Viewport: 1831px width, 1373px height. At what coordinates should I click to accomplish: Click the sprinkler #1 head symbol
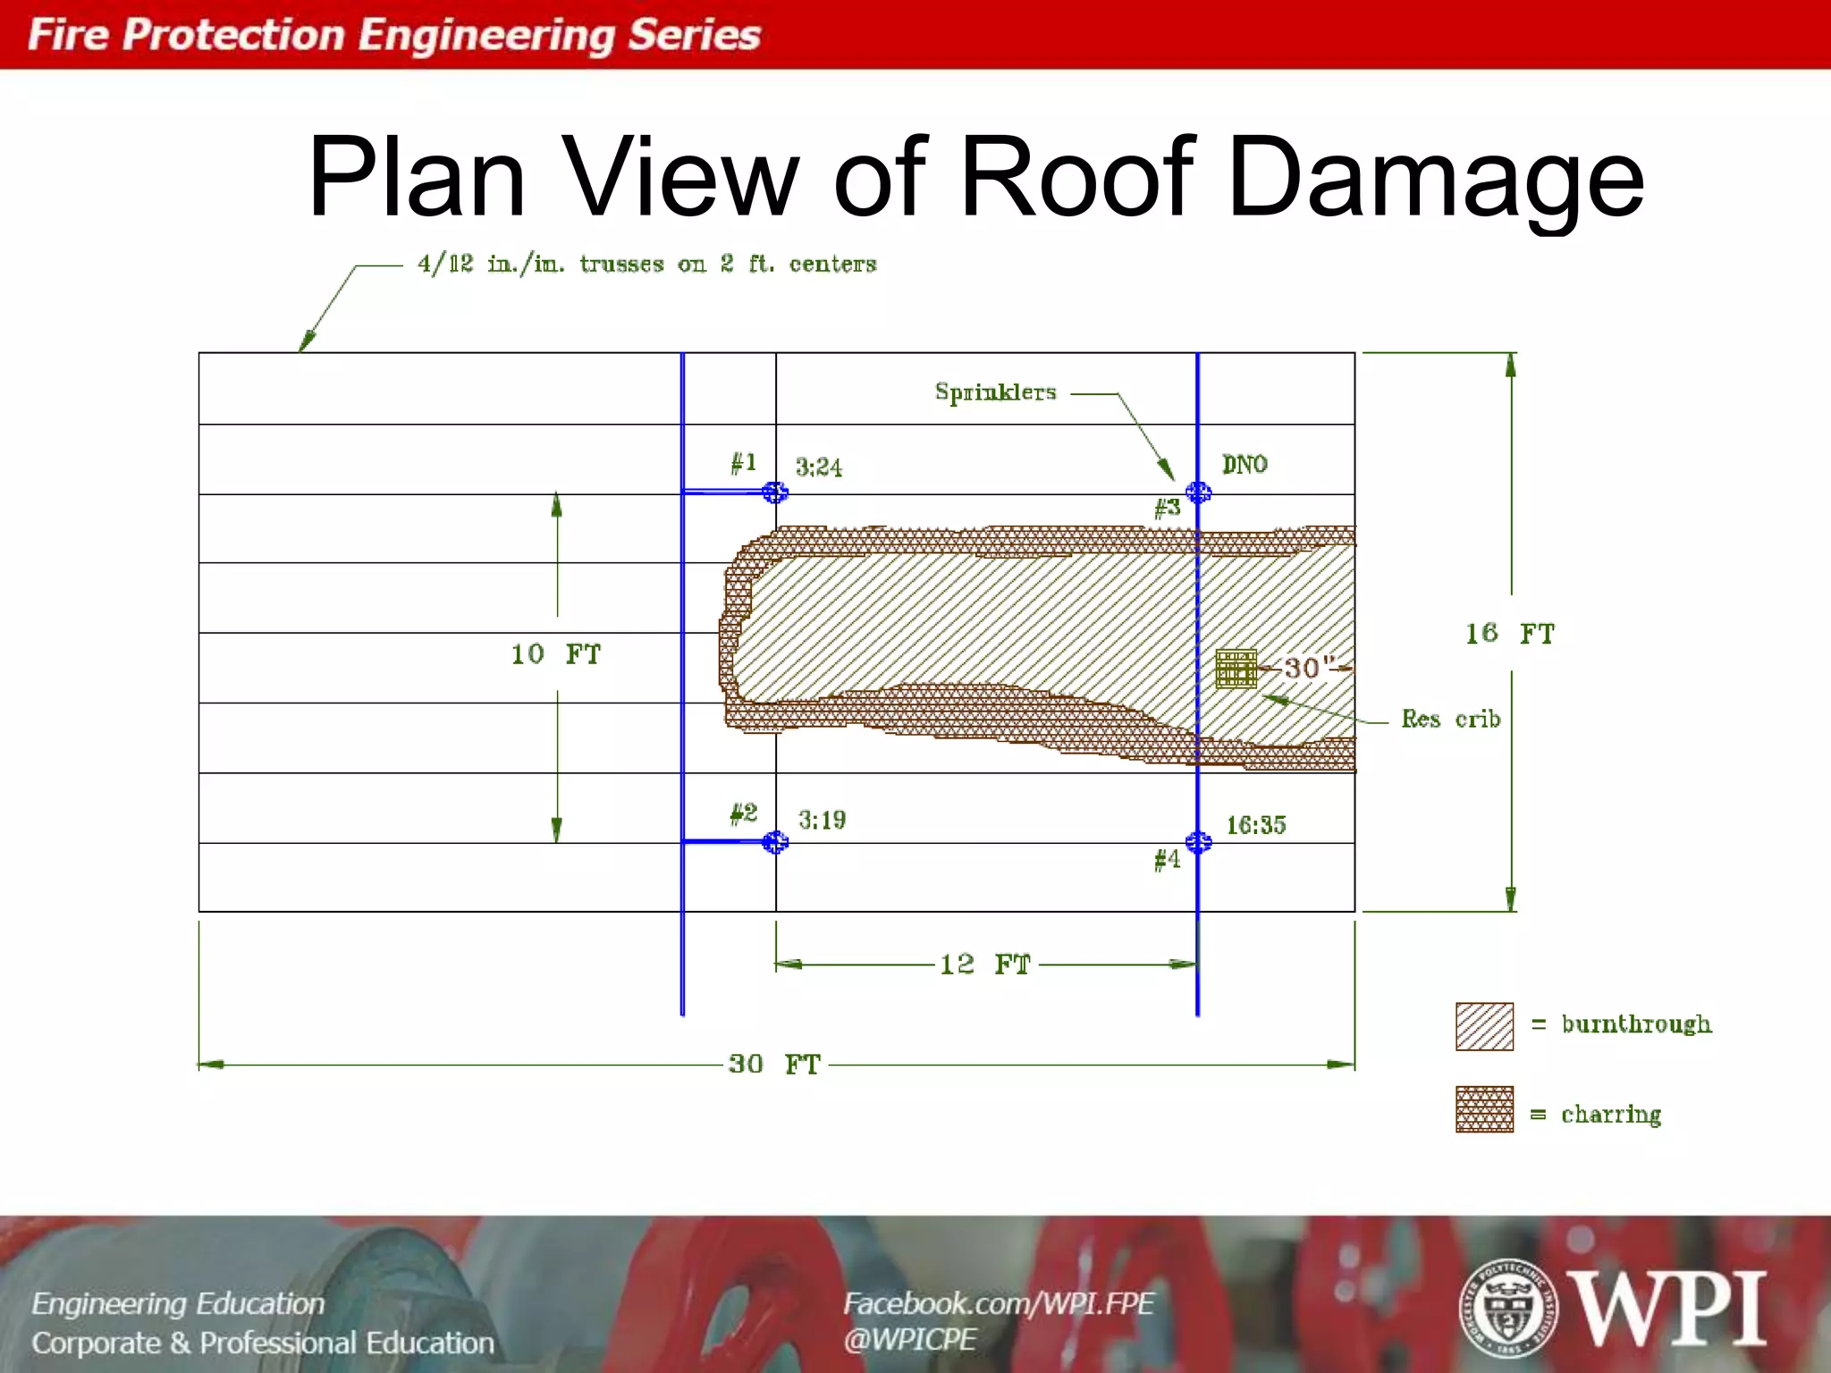pyautogui.click(x=775, y=493)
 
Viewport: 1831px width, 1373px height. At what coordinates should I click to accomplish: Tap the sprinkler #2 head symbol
pyautogui.click(x=775, y=842)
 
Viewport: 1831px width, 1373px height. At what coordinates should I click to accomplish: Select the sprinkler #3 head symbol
pyautogui.click(x=1198, y=493)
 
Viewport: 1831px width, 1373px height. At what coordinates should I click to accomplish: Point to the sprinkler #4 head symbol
pyautogui.click(x=1198, y=842)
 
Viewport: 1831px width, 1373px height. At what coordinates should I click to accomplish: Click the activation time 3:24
pyautogui.click(x=819, y=467)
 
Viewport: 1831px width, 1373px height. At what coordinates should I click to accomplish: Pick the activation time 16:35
pyautogui.click(x=1255, y=825)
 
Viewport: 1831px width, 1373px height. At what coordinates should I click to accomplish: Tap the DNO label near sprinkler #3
pyautogui.click(x=1245, y=465)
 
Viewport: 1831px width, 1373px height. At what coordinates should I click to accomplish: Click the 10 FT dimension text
pyautogui.click(x=556, y=654)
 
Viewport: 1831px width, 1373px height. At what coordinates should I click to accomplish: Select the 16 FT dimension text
pyautogui.click(x=1510, y=634)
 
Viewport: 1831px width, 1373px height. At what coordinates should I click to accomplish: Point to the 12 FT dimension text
pyautogui.click(x=985, y=964)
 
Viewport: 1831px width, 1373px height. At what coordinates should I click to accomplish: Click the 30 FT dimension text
pyautogui.click(x=774, y=1064)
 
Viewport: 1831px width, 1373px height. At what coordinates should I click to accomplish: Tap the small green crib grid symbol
pyautogui.click(x=1236, y=669)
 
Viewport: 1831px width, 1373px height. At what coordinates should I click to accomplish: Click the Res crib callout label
pyautogui.click(x=1450, y=720)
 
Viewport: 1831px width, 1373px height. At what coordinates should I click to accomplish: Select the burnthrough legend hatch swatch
pyautogui.click(x=1484, y=1026)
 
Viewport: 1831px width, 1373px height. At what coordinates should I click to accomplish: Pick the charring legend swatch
pyautogui.click(x=1484, y=1109)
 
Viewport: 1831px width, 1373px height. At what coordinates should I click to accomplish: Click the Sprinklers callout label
pyautogui.click(x=995, y=392)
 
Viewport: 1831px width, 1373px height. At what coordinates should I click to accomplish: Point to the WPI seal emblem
pyautogui.click(x=1508, y=1308)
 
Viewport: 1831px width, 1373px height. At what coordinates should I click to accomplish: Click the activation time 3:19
pyautogui.click(x=822, y=821)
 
